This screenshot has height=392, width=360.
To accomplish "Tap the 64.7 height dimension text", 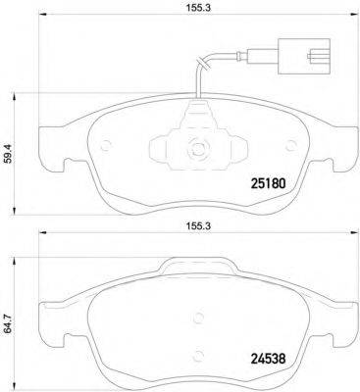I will (10, 320).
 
